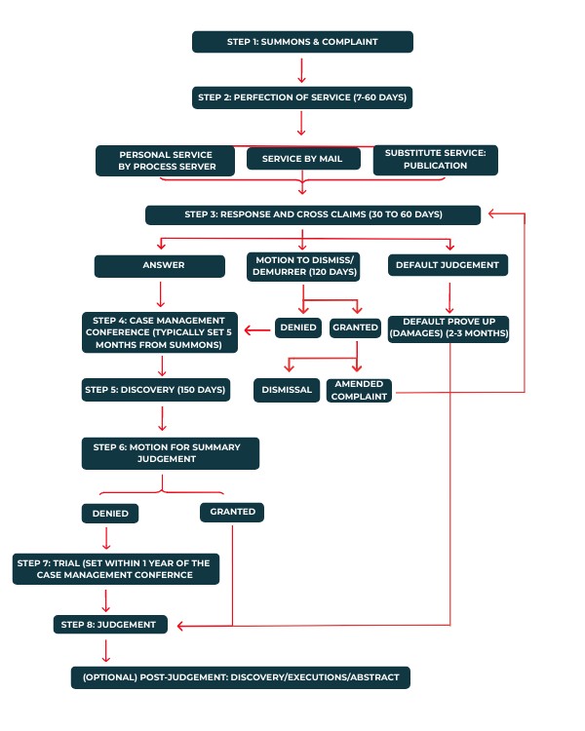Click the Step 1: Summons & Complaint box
coord(302,42)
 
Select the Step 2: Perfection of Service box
coord(302,97)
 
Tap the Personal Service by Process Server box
coord(167,160)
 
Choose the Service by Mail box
coord(302,159)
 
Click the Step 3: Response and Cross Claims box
coord(313,214)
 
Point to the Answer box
coord(163,265)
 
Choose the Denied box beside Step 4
coord(298,327)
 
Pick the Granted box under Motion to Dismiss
coord(354,327)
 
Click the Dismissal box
coord(287,390)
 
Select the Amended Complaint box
coord(359,390)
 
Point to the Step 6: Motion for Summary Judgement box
coord(171,453)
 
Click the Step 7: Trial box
coord(116,568)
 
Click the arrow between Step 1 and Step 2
coord(302,70)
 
